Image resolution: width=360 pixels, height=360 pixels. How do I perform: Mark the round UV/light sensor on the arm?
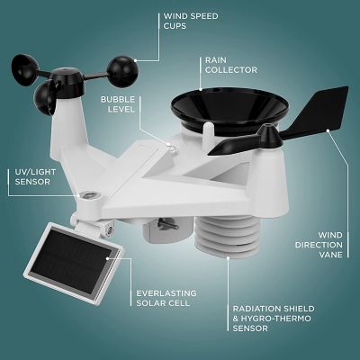[x=88, y=196]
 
